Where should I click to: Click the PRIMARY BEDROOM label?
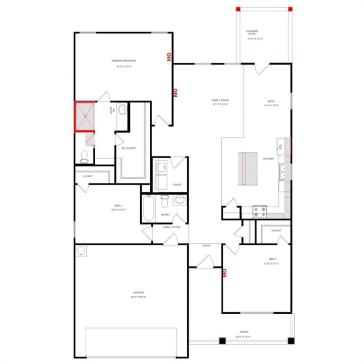(x=124, y=61)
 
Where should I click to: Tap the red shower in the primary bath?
(x=85, y=116)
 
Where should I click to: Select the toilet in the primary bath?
(x=84, y=156)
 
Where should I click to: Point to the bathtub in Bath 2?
(x=148, y=209)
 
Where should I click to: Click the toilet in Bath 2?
(x=164, y=201)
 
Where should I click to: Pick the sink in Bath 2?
(x=180, y=200)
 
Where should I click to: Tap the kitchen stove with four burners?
(x=260, y=211)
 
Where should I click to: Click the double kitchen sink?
(x=283, y=172)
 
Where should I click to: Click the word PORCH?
(x=244, y=332)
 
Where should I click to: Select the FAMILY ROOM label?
(x=220, y=100)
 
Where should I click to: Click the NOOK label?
(x=271, y=101)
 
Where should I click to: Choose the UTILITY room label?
(x=178, y=185)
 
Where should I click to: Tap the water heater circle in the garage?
(x=81, y=250)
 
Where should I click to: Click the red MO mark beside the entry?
(x=225, y=273)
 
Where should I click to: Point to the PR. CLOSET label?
(x=128, y=148)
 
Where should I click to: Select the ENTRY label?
(x=207, y=246)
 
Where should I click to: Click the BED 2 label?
(x=273, y=259)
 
